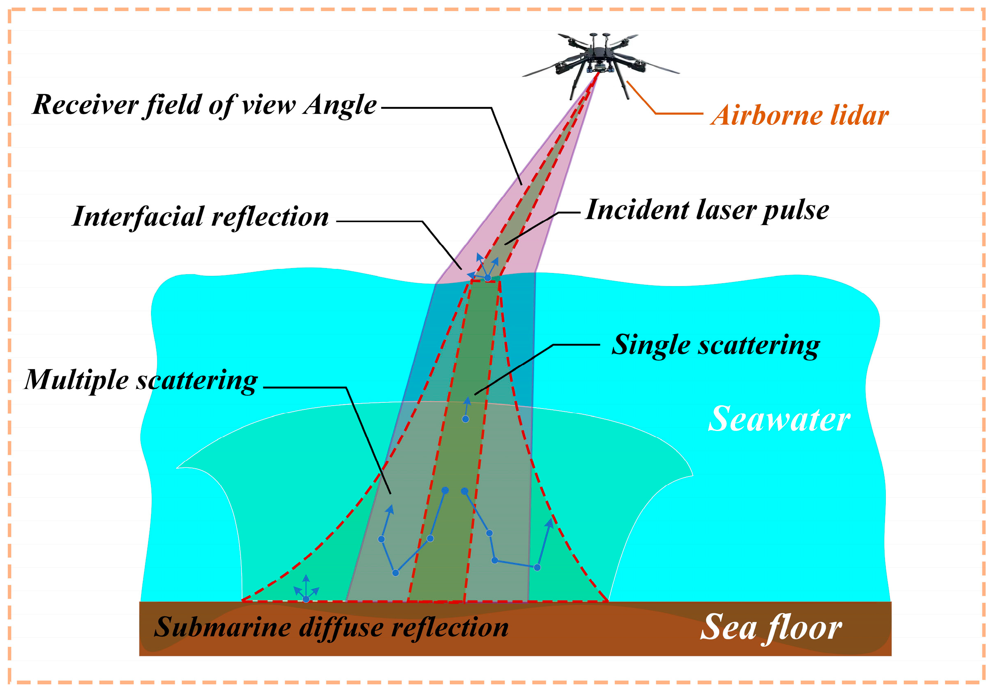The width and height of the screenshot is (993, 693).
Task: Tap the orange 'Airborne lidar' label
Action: coord(799,116)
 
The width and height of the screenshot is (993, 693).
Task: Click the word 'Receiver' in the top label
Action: coord(86,105)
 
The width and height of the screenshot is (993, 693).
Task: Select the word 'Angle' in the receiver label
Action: coord(340,105)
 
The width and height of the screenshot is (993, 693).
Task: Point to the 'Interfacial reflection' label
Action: coord(200,216)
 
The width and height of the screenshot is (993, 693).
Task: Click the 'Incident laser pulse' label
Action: coord(707,210)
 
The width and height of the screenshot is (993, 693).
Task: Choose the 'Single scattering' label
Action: coord(715,345)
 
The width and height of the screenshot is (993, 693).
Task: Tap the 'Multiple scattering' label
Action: coord(141,380)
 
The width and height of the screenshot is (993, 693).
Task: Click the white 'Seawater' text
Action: coord(779,419)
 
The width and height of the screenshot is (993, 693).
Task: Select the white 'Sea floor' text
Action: coord(771,627)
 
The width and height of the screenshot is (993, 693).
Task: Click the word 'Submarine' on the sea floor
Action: coord(222,627)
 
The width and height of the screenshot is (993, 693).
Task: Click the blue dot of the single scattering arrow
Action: coord(465,419)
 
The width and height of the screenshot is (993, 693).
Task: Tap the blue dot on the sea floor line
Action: coord(306,599)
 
